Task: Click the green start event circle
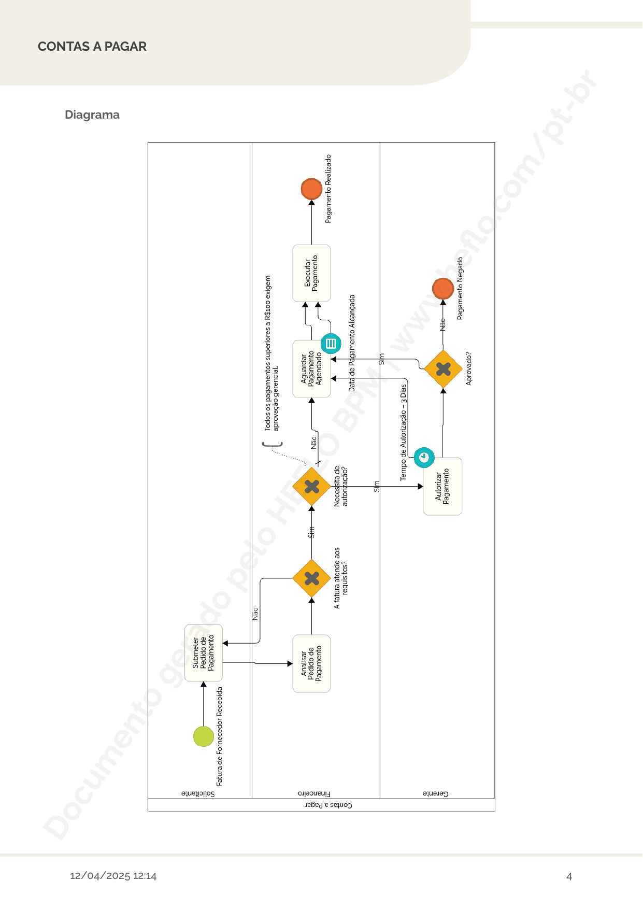(x=204, y=736)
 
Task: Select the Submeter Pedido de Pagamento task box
(x=204, y=652)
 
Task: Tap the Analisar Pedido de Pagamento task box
(x=311, y=663)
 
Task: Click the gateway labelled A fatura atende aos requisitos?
(x=311, y=578)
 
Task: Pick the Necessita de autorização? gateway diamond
(x=311, y=486)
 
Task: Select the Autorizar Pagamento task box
(x=442, y=486)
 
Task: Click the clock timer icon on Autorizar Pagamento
(x=424, y=457)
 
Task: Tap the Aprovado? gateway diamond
(x=443, y=369)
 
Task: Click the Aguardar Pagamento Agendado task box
(x=311, y=368)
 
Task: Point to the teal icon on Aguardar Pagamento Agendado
(x=331, y=343)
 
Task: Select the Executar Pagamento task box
(x=311, y=273)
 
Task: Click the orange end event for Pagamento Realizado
(x=311, y=189)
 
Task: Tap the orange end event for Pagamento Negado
(x=443, y=289)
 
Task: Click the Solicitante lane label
(x=198, y=793)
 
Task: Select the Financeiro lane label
(x=314, y=793)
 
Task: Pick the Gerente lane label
(x=435, y=793)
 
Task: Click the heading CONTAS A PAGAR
(x=92, y=47)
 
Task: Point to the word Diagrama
(x=92, y=115)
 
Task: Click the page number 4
(x=569, y=876)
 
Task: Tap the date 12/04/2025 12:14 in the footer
(x=113, y=876)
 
